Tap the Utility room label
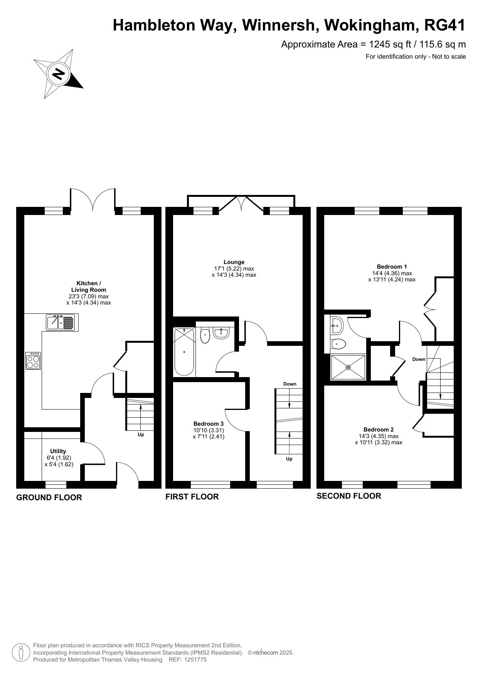pyautogui.click(x=58, y=451)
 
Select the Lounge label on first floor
pyautogui.click(x=234, y=262)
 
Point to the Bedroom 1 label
pyautogui.click(x=392, y=266)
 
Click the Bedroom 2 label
pyautogui.click(x=379, y=429)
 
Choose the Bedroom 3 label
pyautogui.click(x=209, y=423)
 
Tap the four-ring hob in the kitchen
pyautogui.click(x=33, y=361)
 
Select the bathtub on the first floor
pyautogui.click(x=184, y=352)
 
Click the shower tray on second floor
pyautogui.click(x=348, y=367)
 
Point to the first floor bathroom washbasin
pyautogui.click(x=221, y=334)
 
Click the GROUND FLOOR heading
pyautogui.click(x=49, y=498)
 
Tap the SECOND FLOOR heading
pyautogui.click(x=349, y=496)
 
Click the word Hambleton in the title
pyautogui.click(x=172, y=25)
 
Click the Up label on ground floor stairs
pyautogui.click(x=141, y=435)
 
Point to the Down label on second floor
pyautogui.click(x=419, y=359)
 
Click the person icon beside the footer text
pyautogui.click(x=22, y=653)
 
